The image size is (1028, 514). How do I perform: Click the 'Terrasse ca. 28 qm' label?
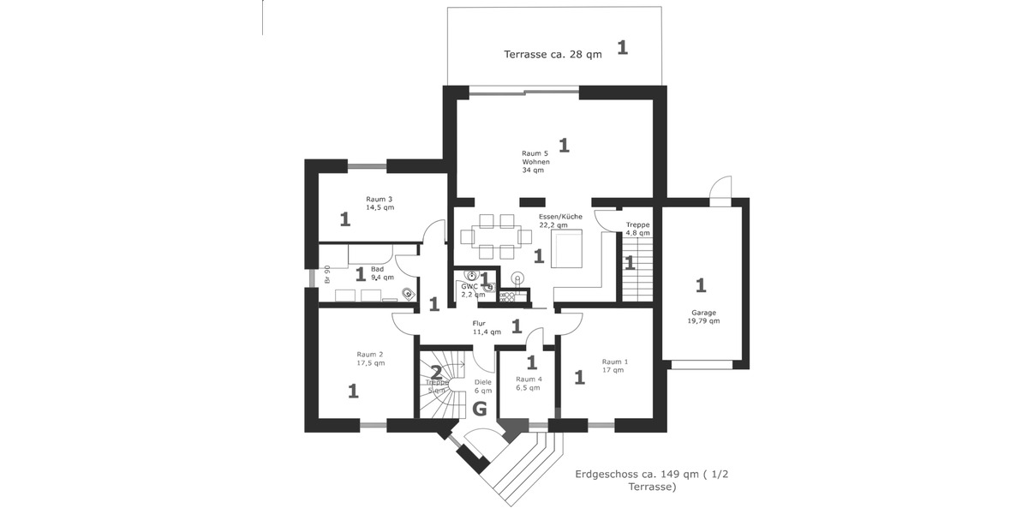click(552, 54)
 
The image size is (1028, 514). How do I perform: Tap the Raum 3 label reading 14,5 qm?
click(380, 203)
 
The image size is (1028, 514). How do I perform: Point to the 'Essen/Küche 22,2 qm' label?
click(559, 221)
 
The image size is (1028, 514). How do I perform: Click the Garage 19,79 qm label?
click(703, 317)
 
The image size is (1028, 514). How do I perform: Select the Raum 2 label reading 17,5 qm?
click(370, 358)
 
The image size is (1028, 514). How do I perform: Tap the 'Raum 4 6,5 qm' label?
click(529, 383)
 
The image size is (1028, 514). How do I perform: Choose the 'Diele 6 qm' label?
click(483, 385)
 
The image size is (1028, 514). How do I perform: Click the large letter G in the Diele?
click(480, 409)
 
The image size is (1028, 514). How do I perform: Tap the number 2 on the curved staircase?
click(436, 373)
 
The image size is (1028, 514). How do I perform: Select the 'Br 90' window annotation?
click(327, 274)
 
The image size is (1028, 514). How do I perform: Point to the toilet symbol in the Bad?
click(408, 292)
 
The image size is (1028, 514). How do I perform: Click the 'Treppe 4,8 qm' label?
click(637, 228)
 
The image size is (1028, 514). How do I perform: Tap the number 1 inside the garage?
click(701, 284)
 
